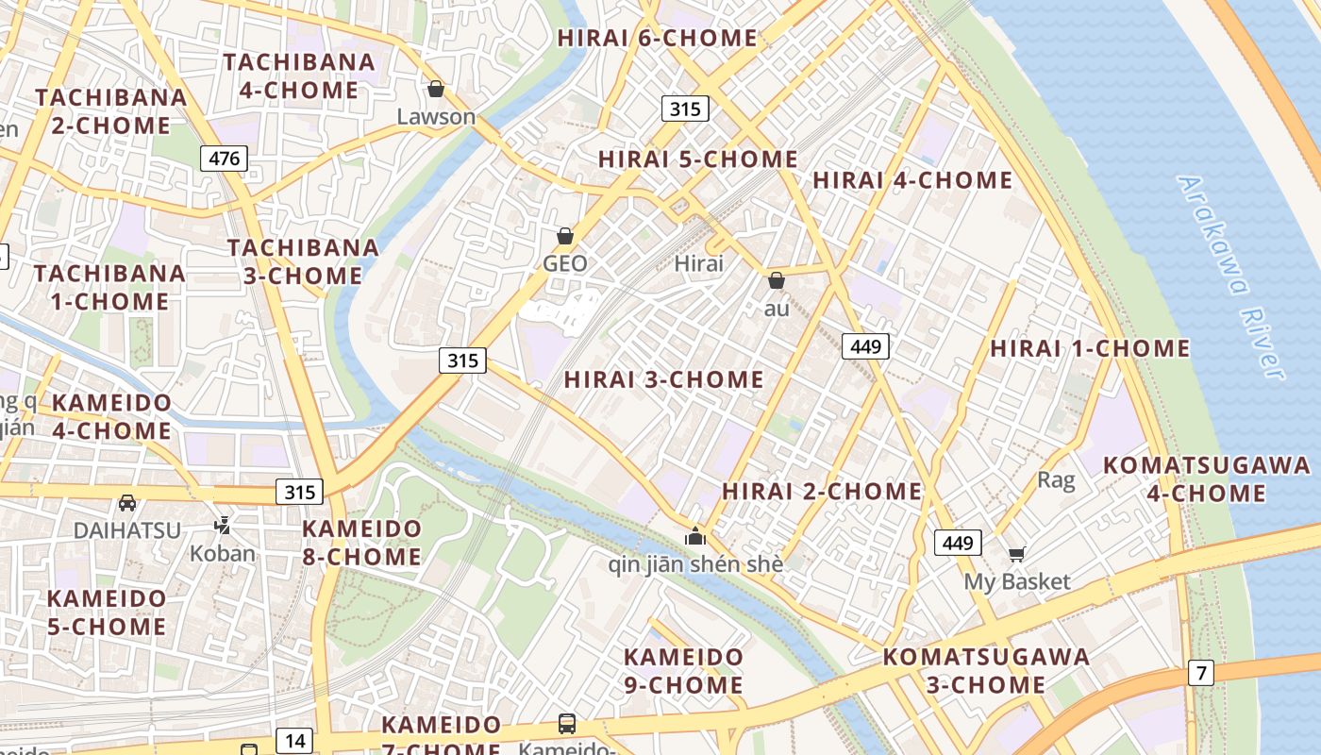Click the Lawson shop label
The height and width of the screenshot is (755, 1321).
coord(436,117)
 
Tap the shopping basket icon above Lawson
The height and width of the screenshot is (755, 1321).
coord(436,89)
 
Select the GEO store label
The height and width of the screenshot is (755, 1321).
coord(565,264)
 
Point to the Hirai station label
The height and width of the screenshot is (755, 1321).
coord(699,263)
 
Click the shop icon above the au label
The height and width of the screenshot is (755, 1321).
coord(777,280)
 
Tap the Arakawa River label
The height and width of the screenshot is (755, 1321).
coord(1232,277)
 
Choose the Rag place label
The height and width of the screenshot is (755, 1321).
coord(1056,480)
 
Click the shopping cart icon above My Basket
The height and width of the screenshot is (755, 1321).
coord(1016,554)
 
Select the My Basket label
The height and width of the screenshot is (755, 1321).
coord(1016,581)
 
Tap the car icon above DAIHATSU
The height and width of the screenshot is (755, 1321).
coord(127,503)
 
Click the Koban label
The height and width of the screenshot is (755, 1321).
coord(223,553)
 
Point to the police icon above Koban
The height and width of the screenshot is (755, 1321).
coord(223,525)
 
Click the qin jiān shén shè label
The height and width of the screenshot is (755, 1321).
coord(695,564)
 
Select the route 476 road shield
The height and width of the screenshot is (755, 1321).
coord(224,158)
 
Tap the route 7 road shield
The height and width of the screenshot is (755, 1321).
coord(1200,673)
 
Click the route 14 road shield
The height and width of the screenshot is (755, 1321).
coord(295,741)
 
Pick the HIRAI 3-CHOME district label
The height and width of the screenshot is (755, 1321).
coord(664,379)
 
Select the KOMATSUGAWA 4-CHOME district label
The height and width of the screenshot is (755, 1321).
coord(1207,478)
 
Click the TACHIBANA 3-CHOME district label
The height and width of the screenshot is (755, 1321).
coord(303,261)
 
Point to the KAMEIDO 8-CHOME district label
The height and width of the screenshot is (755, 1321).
coord(361,543)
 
